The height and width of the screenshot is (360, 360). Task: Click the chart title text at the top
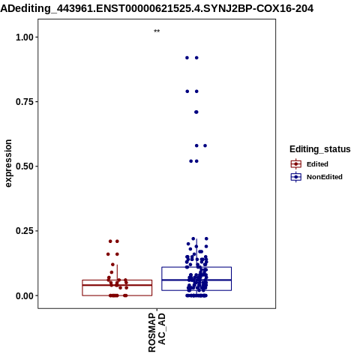157,8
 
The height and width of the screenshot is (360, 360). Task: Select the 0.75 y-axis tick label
25,102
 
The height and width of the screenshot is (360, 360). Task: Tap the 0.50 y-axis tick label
25,166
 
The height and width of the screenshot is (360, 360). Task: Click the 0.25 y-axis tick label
25,231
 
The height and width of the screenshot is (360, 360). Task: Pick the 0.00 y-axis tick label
25,295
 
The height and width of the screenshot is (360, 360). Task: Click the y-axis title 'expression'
8,163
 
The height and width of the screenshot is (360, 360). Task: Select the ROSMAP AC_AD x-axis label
157,332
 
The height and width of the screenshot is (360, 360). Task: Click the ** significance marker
157,31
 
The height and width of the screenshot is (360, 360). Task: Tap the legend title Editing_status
320,149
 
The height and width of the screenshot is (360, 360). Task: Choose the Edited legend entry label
317,164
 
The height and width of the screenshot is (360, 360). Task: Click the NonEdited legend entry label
325,177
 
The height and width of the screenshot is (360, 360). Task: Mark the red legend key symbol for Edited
296,164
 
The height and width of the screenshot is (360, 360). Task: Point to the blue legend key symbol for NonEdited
296,177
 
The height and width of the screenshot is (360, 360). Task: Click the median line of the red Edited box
117,285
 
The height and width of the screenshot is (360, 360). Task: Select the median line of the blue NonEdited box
196,280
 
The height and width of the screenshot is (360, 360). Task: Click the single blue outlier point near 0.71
196,112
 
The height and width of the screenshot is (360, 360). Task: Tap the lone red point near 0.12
112,265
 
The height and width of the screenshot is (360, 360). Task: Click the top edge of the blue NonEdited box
196,267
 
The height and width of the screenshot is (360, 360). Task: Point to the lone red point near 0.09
112,272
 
